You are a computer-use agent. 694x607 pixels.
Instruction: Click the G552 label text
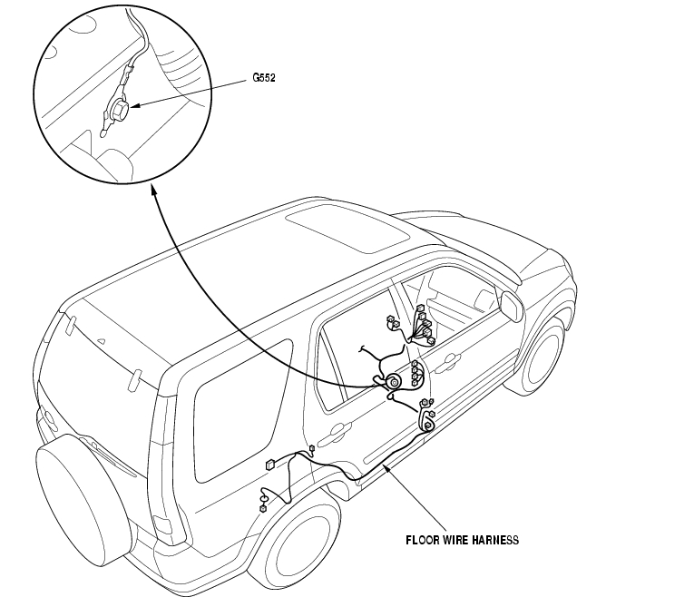click(x=264, y=78)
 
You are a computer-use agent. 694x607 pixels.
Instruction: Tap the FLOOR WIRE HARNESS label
click(x=462, y=540)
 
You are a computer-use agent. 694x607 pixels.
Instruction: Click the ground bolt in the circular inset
click(x=119, y=112)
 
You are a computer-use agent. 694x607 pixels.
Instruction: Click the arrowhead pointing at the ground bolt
click(x=134, y=108)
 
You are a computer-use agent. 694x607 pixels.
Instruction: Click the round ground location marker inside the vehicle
click(x=395, y=384)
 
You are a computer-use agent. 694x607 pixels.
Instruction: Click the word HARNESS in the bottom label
click(x=494, y=540)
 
